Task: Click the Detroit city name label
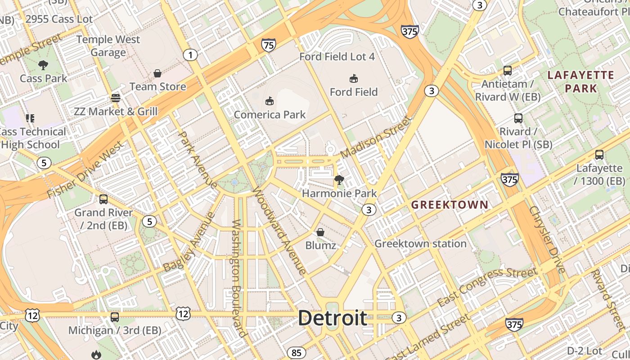[333, 318]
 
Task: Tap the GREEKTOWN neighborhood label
[450, 205]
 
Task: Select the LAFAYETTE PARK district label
[581, 81]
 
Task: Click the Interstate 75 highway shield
[268, 45]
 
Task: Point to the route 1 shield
[190, 55]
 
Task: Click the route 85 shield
[296, 353]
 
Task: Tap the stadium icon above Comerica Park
[270, 101]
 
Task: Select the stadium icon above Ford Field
[354, 78]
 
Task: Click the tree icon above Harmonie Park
[339, 180]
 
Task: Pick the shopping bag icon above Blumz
[320, 232]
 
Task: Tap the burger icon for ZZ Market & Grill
[116, 98]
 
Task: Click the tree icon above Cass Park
[43, 65]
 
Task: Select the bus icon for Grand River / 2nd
[103, 199]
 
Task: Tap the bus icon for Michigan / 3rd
[115, 317]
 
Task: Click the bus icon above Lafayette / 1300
[599, 155]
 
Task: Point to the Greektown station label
[420, 244]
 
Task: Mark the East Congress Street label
[487, 286]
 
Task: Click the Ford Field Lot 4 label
[337, 57]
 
